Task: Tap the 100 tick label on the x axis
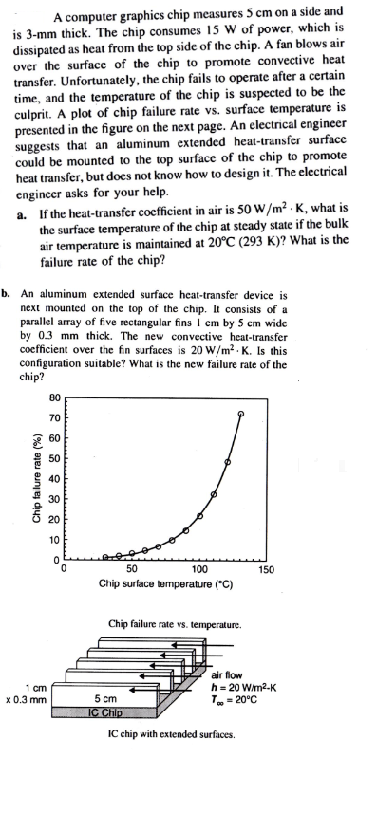[x=198, y=570]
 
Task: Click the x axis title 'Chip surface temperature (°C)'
[x=165, y=584]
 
